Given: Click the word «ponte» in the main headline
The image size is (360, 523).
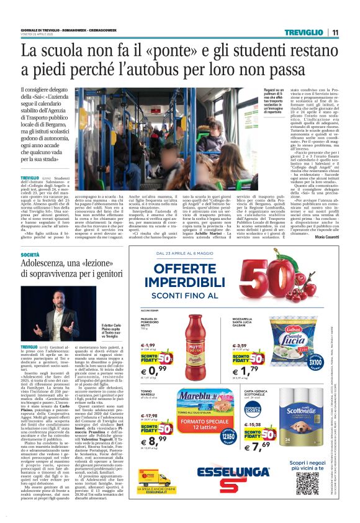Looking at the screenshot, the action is [x=173, y=49].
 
